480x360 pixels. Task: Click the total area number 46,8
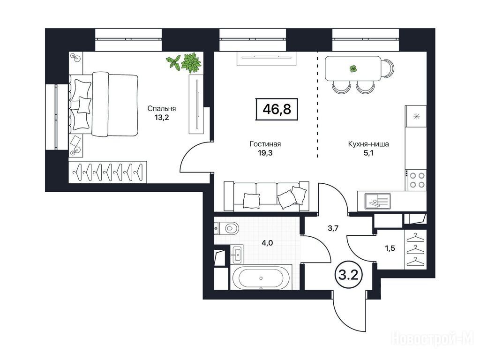click(277, 109)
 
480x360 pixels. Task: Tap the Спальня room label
click(162, 108)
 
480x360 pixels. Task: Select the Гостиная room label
click(265, 144)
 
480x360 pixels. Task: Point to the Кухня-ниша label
click(368, 144)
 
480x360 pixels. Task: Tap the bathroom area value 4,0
click(267, 243)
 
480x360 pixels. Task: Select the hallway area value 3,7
click(333, 228)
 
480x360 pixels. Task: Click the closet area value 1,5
click(390, 248)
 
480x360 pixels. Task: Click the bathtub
click(261, 278)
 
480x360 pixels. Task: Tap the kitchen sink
click(377, 202)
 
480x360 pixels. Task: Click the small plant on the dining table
click(353, 68)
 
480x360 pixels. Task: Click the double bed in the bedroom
click(103, 105)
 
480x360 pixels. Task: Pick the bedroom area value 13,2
click(162, 117)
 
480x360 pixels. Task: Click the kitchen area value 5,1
click(368, 152)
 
